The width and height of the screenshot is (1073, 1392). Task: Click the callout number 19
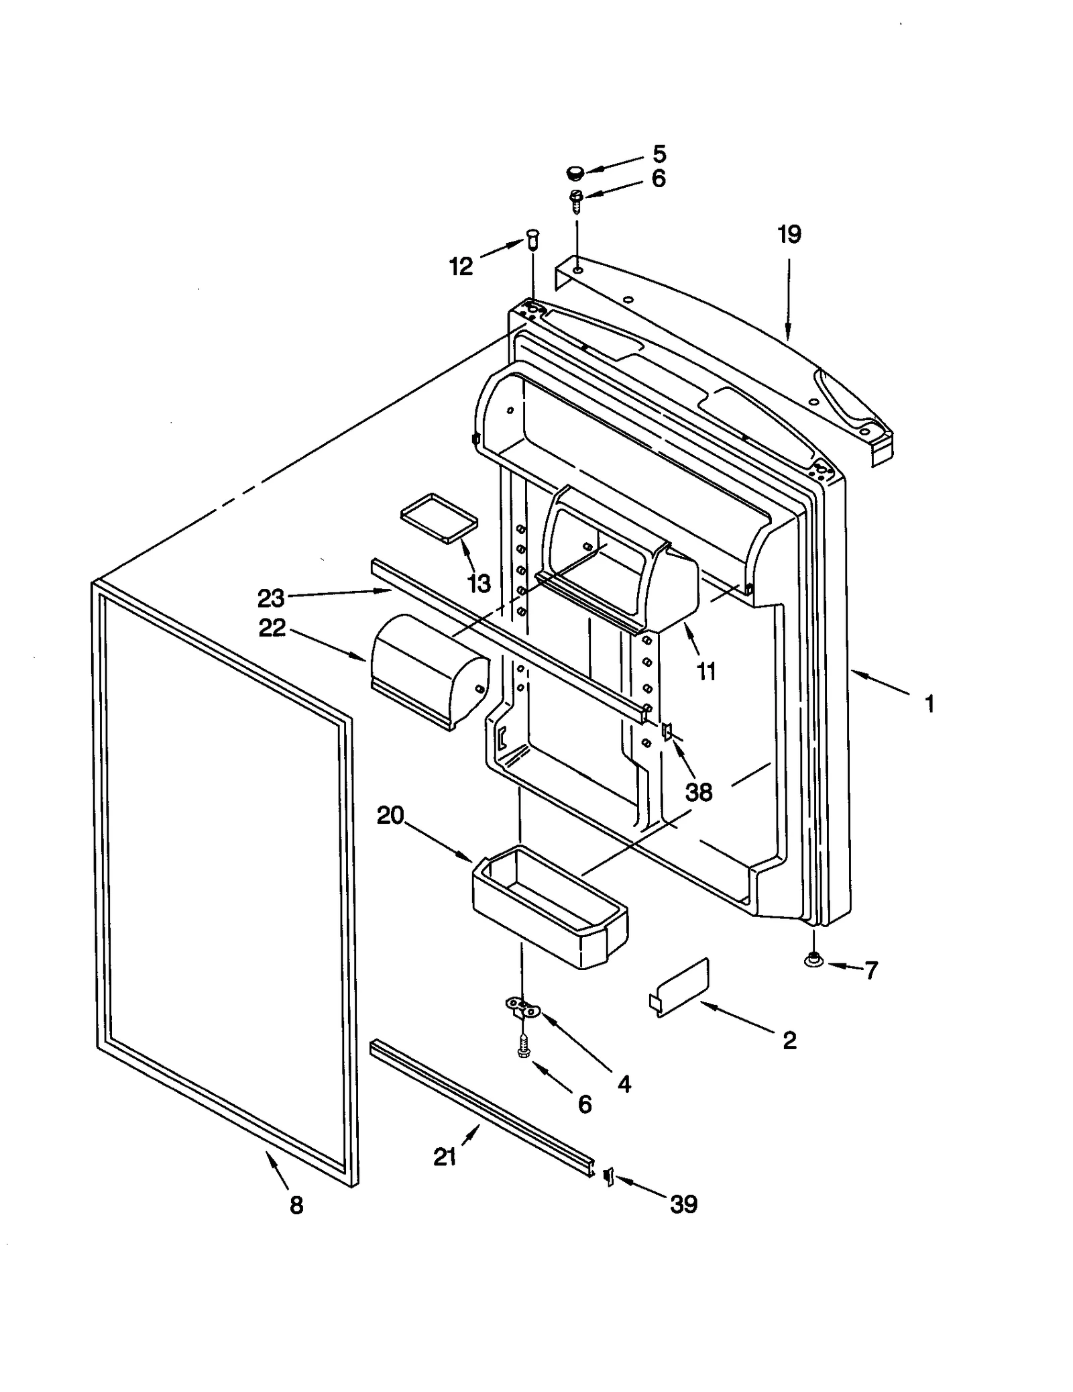(x=789, y=235)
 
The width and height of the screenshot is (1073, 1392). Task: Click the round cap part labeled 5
(x=574, y=173)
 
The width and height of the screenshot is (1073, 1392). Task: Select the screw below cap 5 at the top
(x=575, y=199)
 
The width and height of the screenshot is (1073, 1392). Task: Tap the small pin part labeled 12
(x=533, y=238)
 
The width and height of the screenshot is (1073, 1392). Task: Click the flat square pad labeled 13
(x=439, y=517)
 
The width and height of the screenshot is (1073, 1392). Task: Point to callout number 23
(x=271, y=598)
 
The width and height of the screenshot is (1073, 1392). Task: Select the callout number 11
(x=706, y=672)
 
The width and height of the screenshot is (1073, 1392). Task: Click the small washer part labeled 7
(x=813, y=961)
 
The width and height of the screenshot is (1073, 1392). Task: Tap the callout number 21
(x=445, y=1157)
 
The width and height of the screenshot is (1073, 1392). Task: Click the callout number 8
(x=296, y=1206)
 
